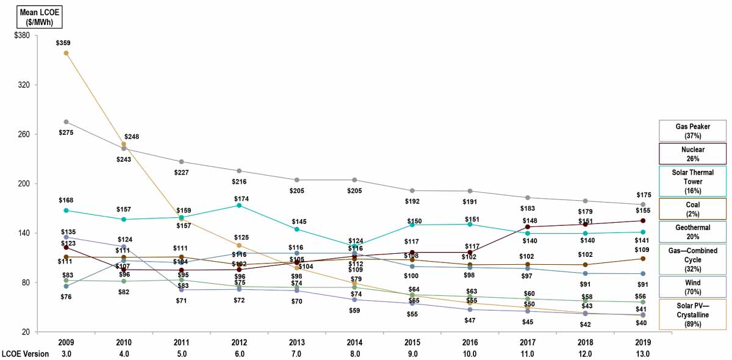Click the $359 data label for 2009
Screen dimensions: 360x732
(x=65, y=43)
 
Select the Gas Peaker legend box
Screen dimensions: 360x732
(x=692, y=131)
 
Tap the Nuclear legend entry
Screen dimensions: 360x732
(x=692, y=154)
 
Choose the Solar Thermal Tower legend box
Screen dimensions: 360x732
(x=692, y=181)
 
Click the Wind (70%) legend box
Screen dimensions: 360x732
(x=692, y=287)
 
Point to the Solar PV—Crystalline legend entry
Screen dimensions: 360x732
(x=692, y=314)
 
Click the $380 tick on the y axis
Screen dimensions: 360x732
(x=22, y=35)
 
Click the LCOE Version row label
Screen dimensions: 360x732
(x=24, y=354)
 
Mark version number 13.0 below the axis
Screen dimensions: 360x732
(x=642, y=354)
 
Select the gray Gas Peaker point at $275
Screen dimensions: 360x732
(x=66, y=122)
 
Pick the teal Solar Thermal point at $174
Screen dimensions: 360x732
(x=239, y=206)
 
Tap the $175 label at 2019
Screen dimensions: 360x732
(x=643, y=195)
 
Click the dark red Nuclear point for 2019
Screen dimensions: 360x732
(x=642, y=221)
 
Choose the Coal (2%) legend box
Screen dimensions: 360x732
(x=692, y=209)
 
